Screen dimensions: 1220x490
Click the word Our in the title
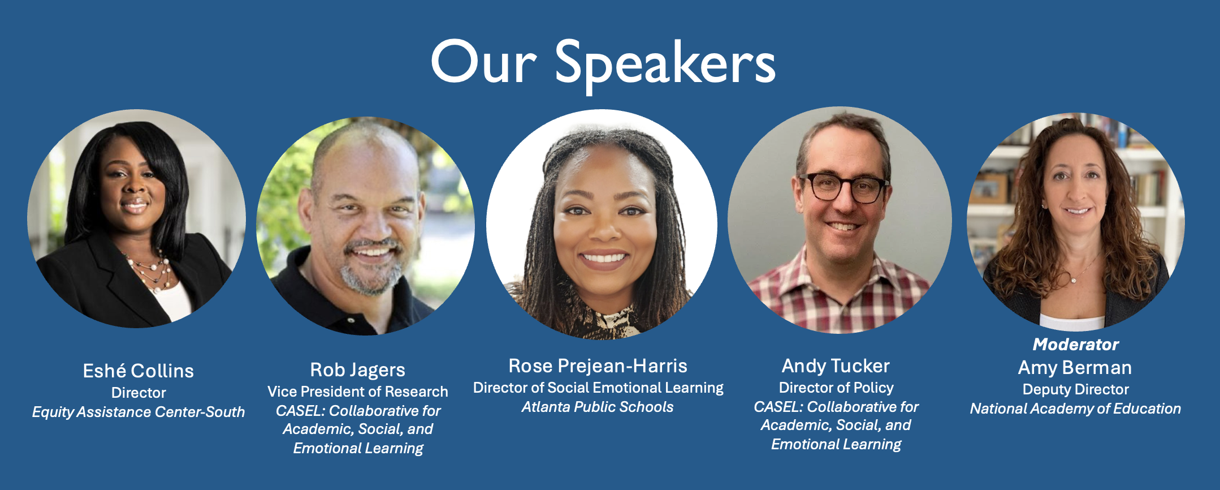click(483, 63)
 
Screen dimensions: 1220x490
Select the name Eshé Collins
click(139, 371)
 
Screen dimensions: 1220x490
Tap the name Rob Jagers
click(358, 370)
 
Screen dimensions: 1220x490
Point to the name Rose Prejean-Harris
click(598, 366)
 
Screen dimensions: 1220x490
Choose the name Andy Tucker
click(836, 366)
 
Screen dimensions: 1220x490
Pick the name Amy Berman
click(1075, 368)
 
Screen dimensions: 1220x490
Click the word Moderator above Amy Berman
click(1075, 344)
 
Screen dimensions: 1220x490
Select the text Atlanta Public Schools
click(598, 407)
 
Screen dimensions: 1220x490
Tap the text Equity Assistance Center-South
click(139, 412)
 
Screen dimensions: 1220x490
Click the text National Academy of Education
click(1075, 409)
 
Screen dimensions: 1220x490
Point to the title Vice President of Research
click(358, 392)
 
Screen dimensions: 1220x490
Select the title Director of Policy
click(836, 388)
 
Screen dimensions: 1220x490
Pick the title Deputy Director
click(1075, 389)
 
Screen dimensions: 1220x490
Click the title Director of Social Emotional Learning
click(598, 388)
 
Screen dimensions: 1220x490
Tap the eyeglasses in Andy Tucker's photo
click(844, 187)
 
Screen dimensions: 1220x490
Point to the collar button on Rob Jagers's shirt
click(351, 321)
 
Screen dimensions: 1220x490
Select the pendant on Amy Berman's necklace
click(1074, 280)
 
